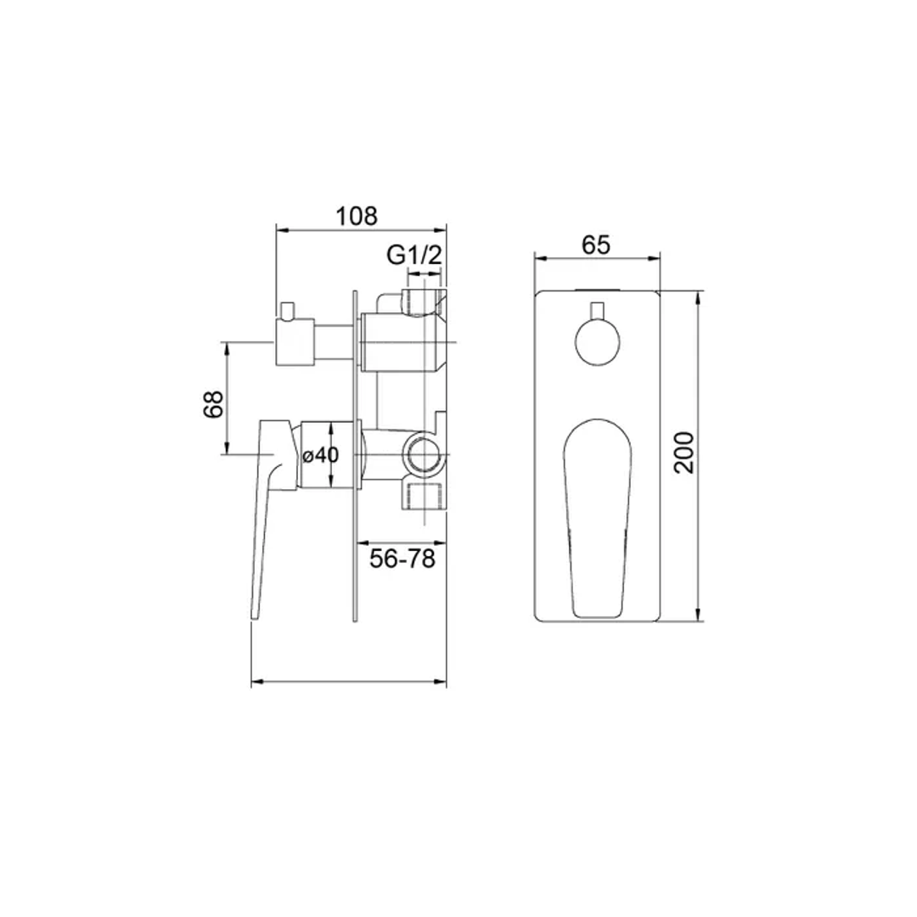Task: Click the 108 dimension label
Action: (x=356, y=216)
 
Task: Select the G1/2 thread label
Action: (x=414, y=255)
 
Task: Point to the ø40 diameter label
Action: (x=321, y=455)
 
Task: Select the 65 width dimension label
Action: (x=596, y=245)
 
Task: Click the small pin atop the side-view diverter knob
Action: (x=286, y=310)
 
